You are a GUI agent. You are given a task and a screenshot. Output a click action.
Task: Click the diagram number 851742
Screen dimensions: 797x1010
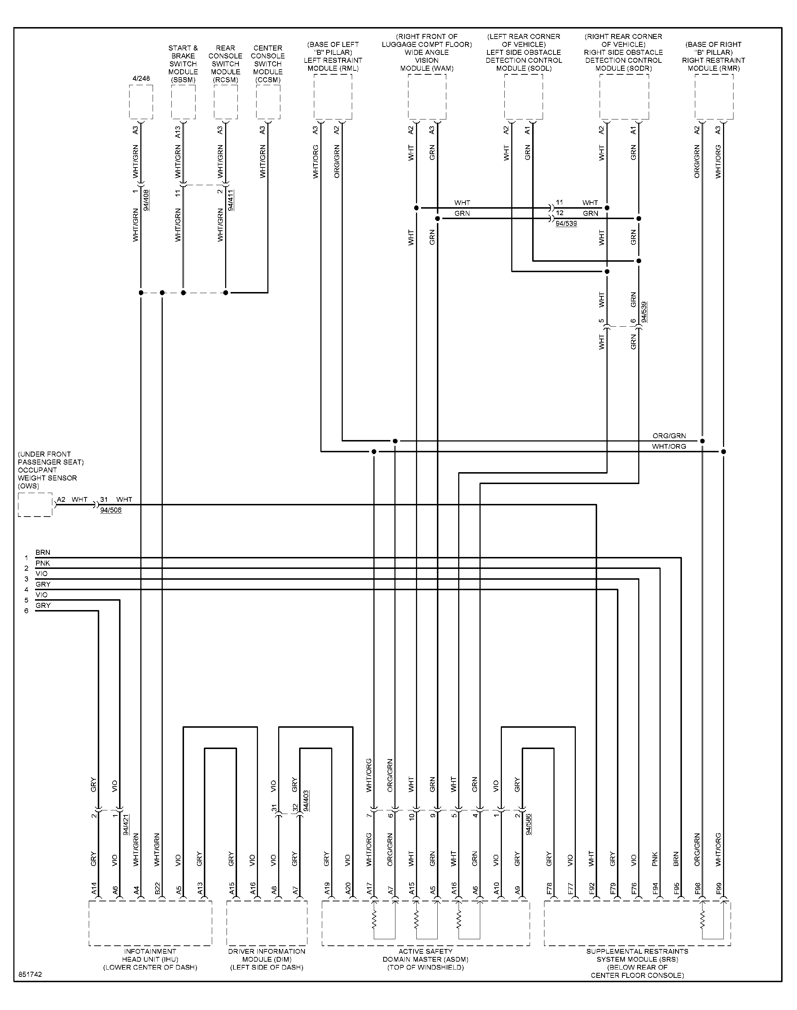30,975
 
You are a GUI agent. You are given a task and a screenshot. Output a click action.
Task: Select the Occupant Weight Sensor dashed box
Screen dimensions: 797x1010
35,505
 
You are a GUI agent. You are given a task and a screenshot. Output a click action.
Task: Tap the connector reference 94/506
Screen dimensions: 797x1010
111,510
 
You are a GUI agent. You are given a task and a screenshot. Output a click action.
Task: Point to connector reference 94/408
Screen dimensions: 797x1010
146,200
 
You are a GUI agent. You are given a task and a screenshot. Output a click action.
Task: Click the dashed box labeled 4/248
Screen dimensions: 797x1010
141,102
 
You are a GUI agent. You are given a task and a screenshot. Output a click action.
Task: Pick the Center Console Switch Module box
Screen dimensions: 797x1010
268,102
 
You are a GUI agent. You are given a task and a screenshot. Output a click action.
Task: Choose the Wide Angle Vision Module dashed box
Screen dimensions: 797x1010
427,97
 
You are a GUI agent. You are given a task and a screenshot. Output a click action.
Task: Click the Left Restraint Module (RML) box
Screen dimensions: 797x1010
333,97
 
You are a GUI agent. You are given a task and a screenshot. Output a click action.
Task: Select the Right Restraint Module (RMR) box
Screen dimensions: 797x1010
714,97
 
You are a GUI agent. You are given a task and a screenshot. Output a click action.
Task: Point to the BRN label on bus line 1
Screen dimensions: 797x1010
43,553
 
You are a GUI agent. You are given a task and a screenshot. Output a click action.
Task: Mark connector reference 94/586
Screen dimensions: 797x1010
528,824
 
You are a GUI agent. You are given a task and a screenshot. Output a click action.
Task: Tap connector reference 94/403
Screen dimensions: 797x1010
306,801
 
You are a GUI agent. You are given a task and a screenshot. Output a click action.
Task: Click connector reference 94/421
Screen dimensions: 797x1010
126,824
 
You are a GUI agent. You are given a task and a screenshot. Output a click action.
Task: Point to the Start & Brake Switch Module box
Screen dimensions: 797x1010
183,102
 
